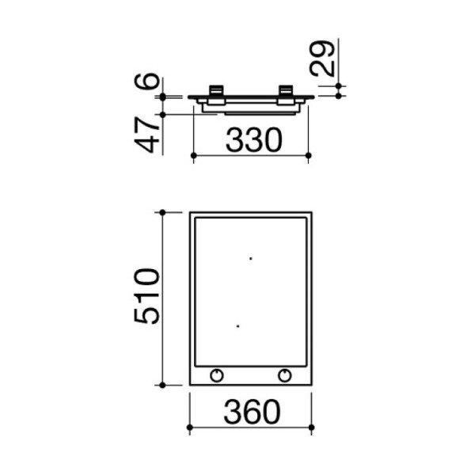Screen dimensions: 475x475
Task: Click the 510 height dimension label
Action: [x=146, y=296]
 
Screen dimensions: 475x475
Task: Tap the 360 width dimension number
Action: [x=252, y=412]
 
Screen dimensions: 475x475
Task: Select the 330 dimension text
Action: [x=254, y=140]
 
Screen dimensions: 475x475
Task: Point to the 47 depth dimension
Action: [x=146, y=135]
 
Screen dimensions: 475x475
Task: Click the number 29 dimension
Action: [x=321, y=58]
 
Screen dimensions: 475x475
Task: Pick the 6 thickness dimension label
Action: [x=146, y=81]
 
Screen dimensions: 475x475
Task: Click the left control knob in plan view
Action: [x=217, y=375]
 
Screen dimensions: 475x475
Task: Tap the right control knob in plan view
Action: [x=285, y=375]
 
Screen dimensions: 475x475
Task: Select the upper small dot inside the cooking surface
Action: [x=250, y=258]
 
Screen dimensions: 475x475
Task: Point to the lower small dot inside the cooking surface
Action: [x=237, y=326]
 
